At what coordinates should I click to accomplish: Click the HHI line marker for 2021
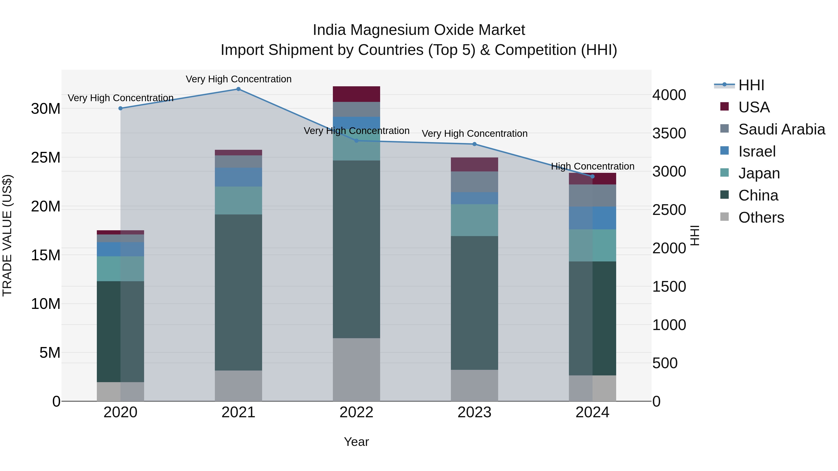[238, 89]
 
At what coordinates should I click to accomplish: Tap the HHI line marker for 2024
[592, 177]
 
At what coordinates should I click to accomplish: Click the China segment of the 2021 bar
[238, 293]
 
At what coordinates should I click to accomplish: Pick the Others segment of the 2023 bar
[474, 385]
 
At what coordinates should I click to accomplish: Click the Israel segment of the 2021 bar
[238, 177]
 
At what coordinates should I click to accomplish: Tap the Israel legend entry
[757, 151]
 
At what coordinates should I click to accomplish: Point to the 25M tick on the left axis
[46, 158]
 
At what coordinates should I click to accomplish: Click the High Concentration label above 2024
[592, 167]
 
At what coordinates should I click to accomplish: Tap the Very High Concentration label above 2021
[238, 79]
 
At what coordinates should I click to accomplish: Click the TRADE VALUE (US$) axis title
[7, 235]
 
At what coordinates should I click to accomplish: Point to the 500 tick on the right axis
[665, 363]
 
